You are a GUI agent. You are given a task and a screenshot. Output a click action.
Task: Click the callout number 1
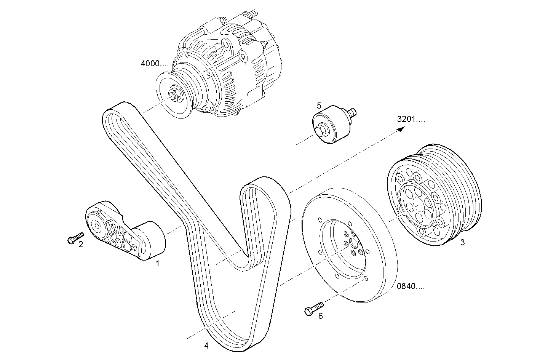[x=157, y=263]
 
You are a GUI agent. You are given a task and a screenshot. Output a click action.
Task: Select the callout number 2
[x=81, y=245]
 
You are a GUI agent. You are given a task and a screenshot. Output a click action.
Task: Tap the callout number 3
[x=462, y=242]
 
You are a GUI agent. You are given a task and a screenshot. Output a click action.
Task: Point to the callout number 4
[x=206, y=346]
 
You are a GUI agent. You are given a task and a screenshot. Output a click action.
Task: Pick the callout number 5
[x=319, y=105]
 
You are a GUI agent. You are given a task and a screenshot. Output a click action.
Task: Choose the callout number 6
[x=320, y=316]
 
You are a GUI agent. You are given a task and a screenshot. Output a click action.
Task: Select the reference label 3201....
[x=411, y=119]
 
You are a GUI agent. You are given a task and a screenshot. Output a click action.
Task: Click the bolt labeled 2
[x=75, y=238]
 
